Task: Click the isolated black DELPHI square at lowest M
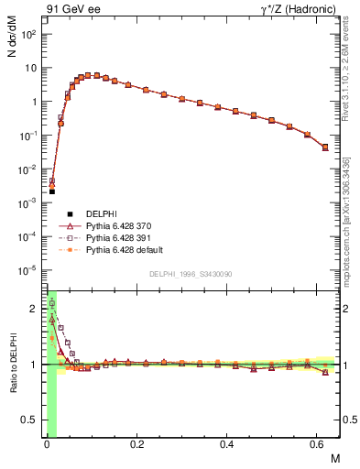click(x=52, y=191)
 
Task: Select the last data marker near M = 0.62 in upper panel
click(x=325, y=147)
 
